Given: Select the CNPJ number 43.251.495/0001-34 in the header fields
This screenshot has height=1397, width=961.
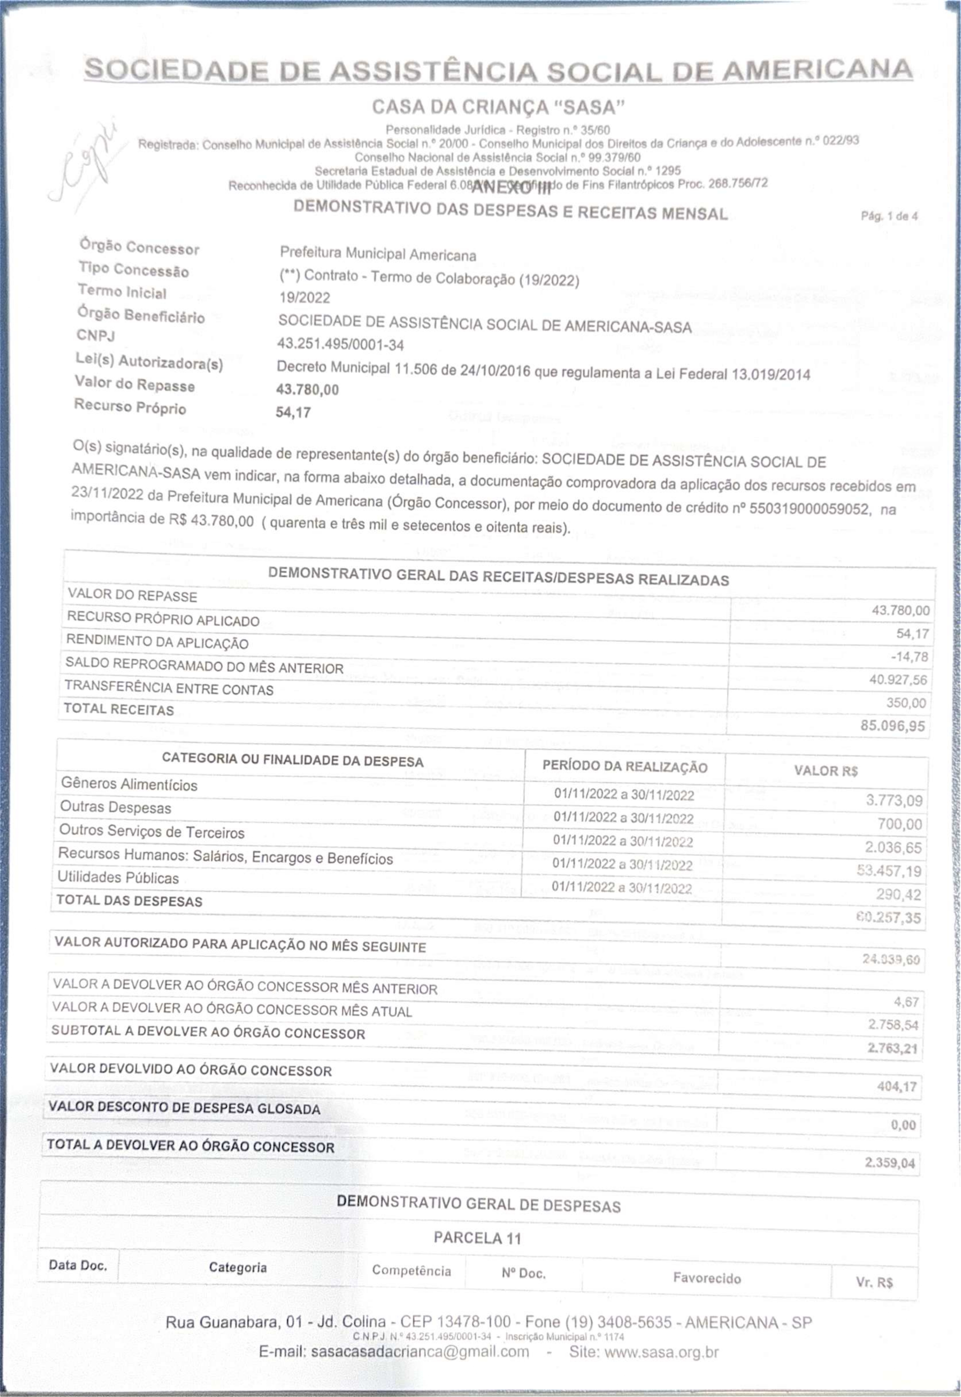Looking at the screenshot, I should click(340, 344).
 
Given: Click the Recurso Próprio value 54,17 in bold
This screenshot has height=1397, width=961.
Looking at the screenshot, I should click(293, 412).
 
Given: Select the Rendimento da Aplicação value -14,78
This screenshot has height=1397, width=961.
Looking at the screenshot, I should click(909, 657).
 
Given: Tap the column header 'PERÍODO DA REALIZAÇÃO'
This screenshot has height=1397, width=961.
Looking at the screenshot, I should click(624, 767).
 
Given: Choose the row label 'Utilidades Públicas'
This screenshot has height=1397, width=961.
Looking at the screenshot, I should click(118, 877).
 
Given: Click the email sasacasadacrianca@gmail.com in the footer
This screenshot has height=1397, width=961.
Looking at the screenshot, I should click(420, 1351).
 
